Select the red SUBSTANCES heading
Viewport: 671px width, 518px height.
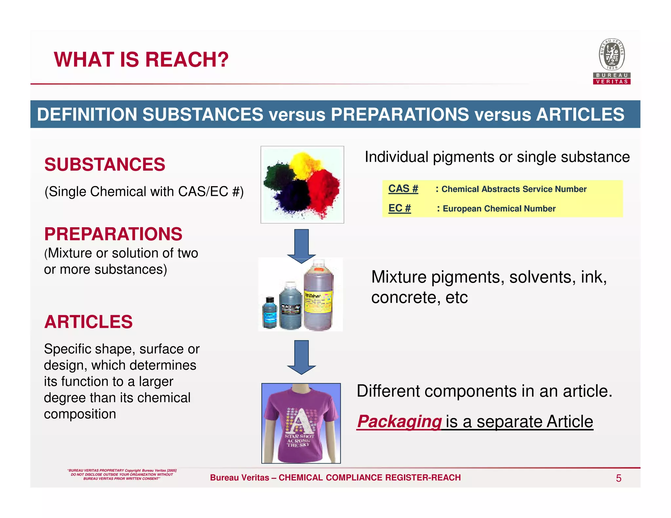(105, 164)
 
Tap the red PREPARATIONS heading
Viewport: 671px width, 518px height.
(113, 234)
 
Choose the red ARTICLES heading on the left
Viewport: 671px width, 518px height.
(88, 322)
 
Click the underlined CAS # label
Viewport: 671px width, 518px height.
(403, 189)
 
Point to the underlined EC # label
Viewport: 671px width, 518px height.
(399, 208)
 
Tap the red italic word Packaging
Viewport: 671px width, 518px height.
(399, 421)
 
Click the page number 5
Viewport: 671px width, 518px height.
(619, 478)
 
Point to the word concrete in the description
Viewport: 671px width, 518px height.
(403, 298)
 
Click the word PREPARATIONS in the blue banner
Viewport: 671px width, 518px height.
(400, 115)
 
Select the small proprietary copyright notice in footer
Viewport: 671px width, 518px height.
(122, 474)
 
